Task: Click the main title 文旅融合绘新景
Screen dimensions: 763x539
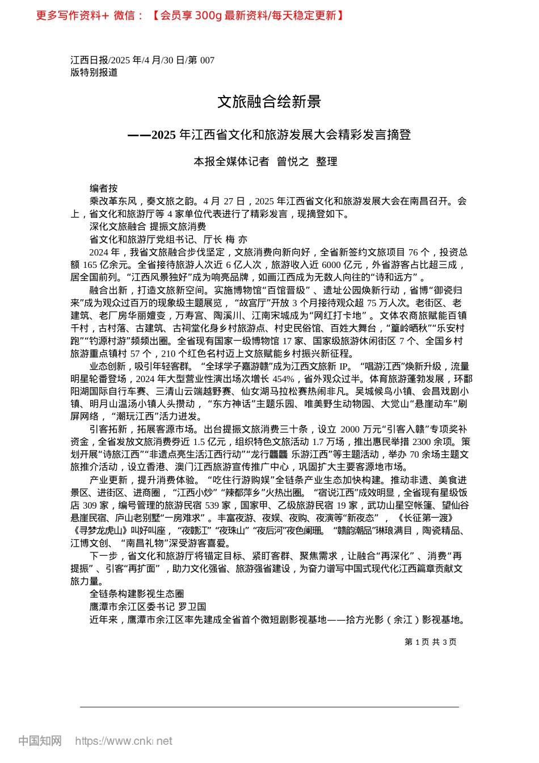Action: pyautogui.click(x=269, y=102)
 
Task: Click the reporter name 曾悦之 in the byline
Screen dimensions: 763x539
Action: pyautogui.click(x=293, y=162)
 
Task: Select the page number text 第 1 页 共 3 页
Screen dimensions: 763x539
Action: pyautogui.click(x=431, y=642)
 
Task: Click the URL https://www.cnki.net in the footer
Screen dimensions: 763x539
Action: pyautogui.click(x=124, y=741)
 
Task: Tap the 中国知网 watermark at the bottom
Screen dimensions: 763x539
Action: pyautogui.click(x=40, y=741)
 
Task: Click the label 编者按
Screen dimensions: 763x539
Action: pyautogui.click(x=103, y=188)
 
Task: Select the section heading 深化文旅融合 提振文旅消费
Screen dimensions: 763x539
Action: pyautogui.click(x=148, y=227)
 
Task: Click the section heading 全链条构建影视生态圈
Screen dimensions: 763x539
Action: pyautogui.click(x=137, y=594)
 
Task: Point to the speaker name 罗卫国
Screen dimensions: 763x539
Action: pyautogui.click(x=192, y=607)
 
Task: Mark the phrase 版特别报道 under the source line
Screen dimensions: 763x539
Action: pyautogui.click(x=94, y=73)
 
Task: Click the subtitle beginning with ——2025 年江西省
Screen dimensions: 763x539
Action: pyautogui.click(x=269, y=135)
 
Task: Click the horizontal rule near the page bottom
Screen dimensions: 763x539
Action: pyautogui.click(x=269, y=707)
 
